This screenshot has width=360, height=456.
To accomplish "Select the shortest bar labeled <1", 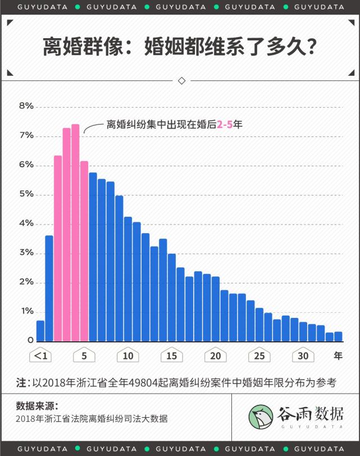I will click(x=40, y=331).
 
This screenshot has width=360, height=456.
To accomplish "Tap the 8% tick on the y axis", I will click(x=26, y=106).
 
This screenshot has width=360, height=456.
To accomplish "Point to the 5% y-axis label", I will click(x=26, y=194).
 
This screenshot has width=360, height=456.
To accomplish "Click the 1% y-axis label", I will click(x=26, y=311).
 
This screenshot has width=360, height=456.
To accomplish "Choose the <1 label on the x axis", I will click(x=40, y=356).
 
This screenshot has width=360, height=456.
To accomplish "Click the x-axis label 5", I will click(x=84, y=356).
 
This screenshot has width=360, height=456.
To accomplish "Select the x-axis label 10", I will click(x=128, y=356).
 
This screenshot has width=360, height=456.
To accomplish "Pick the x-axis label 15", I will click(x=172, y=356).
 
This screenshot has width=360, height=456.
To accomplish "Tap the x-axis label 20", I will click(x=216, y=356).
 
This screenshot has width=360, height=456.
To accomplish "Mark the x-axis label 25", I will click(x=259, y=356).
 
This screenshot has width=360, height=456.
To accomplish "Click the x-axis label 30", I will click(x=303, y=356).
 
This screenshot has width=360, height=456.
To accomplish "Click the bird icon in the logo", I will click(x=261, y=416).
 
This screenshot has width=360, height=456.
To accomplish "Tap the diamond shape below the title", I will click(x=181, y=80).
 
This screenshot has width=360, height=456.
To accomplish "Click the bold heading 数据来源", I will click(x=37, y=405).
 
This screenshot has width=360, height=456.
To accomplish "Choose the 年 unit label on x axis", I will click(x=338, y=356).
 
